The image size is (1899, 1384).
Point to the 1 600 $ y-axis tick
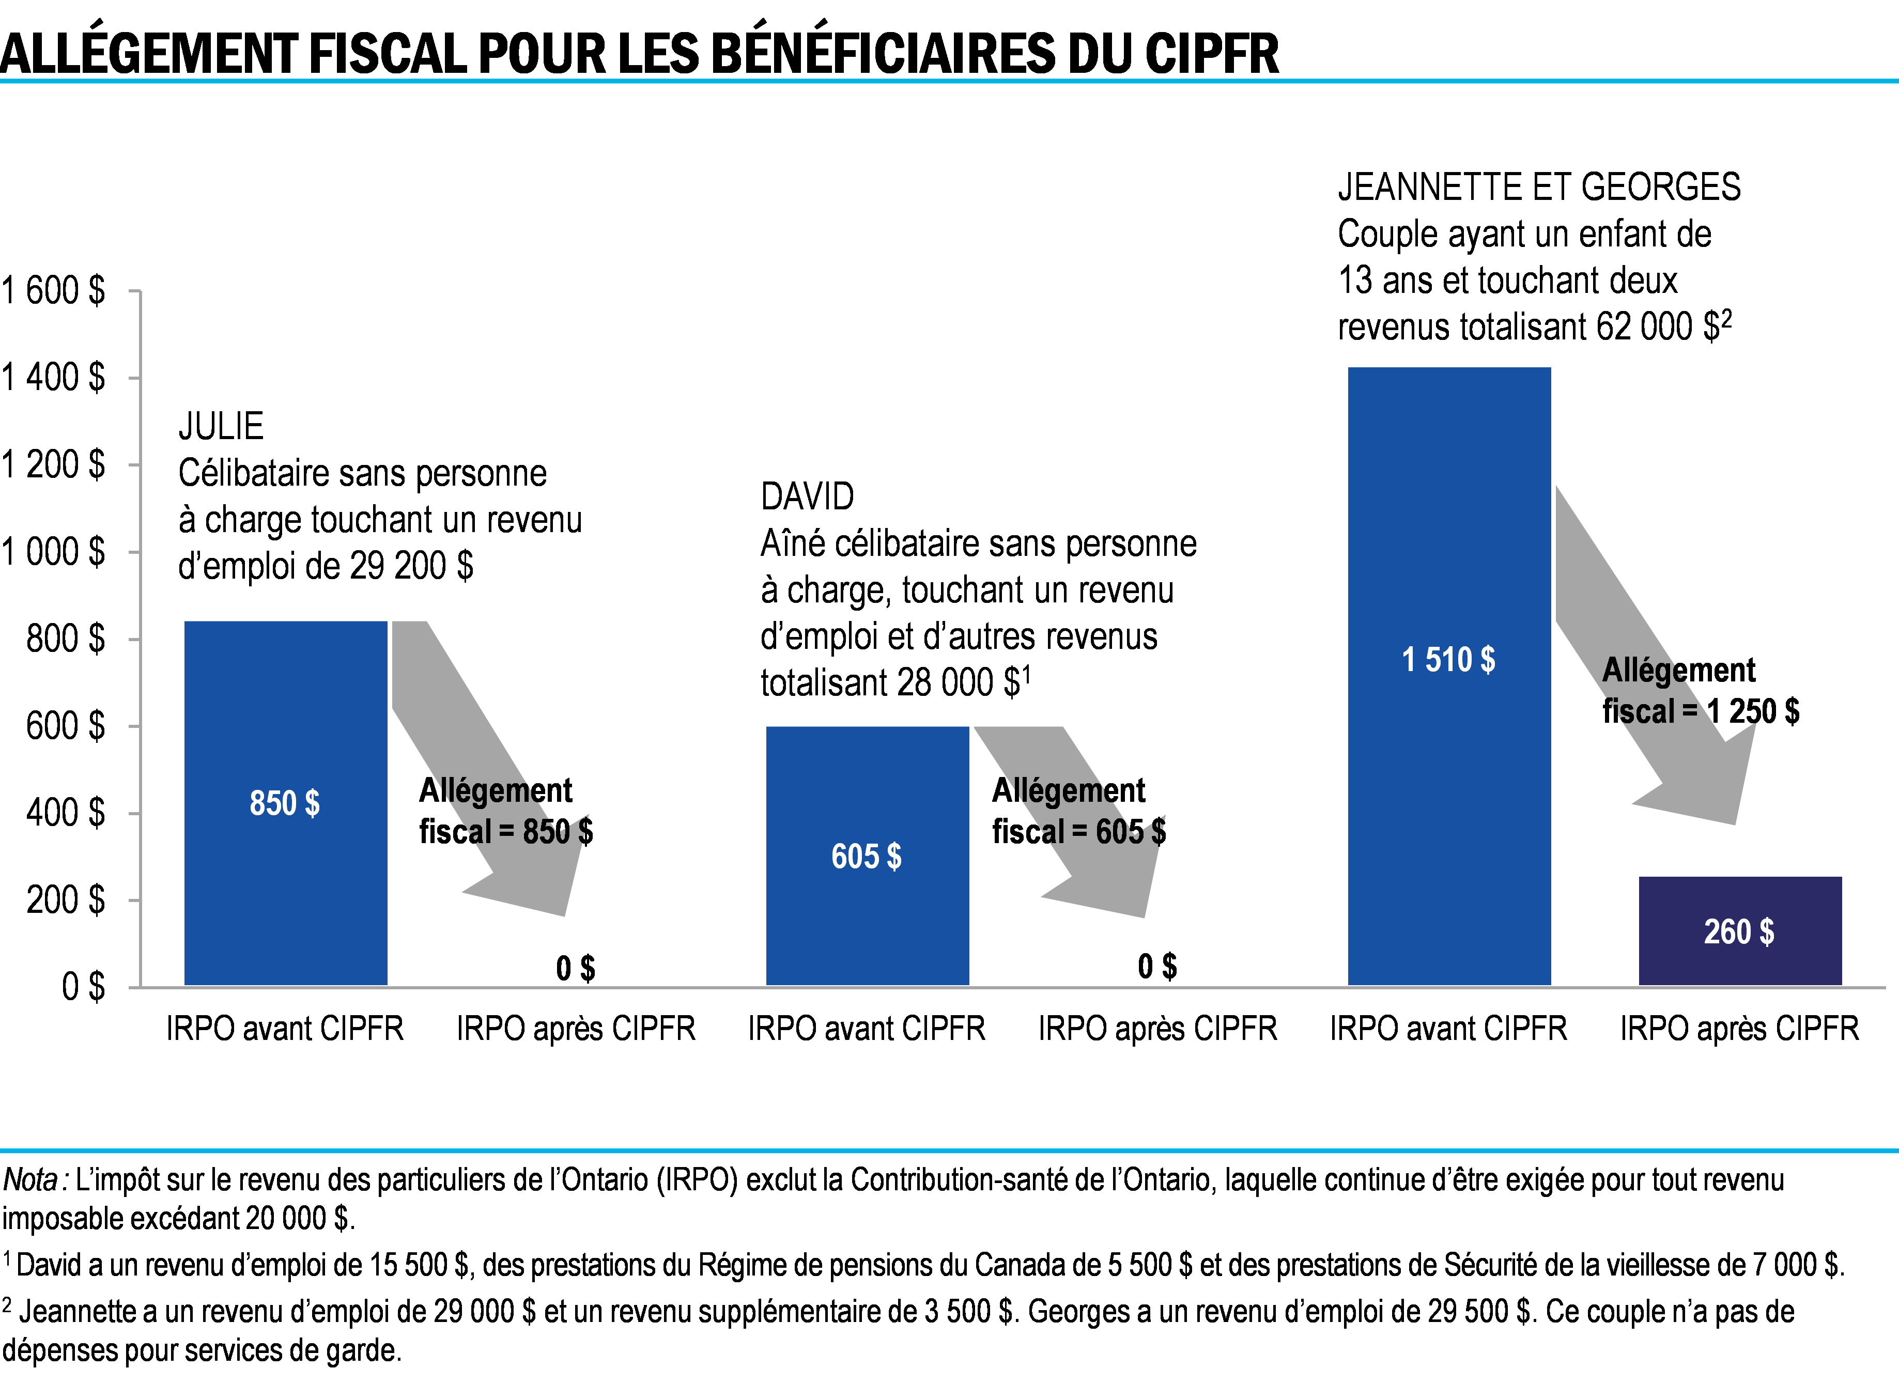click(54, 291)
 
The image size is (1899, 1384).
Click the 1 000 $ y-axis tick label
click(54, 552)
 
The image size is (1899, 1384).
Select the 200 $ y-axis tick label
click(66, 900)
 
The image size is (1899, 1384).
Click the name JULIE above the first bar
click(221, 426)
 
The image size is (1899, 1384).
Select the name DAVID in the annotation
click(807, 497)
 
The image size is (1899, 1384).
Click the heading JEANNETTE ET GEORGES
click(1539, 187)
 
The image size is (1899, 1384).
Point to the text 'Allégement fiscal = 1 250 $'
click(1700, 690)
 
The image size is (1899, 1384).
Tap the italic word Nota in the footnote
click(30, 1179)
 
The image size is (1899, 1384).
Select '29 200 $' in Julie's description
click(411, 566)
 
